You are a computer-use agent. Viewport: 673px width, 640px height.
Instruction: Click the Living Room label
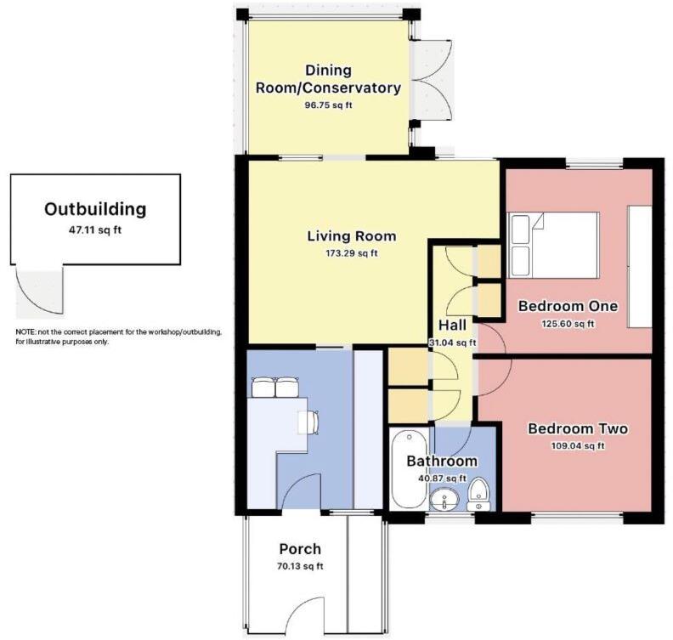(x=351, y=236)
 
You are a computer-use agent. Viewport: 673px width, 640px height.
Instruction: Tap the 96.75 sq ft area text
(x=328, y=105)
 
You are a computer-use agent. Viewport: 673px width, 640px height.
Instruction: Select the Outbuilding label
(x=95, y=209)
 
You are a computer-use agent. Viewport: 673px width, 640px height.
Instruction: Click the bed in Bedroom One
(x=554, y=244)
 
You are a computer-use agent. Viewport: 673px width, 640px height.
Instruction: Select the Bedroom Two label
(x=577, y=428)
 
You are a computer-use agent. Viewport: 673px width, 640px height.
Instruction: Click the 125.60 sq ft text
(x=568, y=323)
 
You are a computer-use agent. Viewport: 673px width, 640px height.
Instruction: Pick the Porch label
(x=300, y=549)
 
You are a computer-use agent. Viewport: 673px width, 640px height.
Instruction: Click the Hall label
(x=452, y=326)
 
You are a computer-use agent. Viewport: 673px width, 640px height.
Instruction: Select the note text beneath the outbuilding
(x=118, y=337)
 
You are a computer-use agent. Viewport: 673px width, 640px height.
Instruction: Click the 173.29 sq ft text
(x=351, y=253)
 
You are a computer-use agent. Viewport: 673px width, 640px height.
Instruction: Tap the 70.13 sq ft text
(x=300, y=566)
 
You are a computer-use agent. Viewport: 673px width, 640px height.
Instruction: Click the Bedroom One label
(x=568, y=306)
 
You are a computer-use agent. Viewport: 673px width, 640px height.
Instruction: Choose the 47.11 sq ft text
(x=95, y=229)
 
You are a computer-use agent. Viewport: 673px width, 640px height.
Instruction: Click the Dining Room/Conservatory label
(x=328, y=79)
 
